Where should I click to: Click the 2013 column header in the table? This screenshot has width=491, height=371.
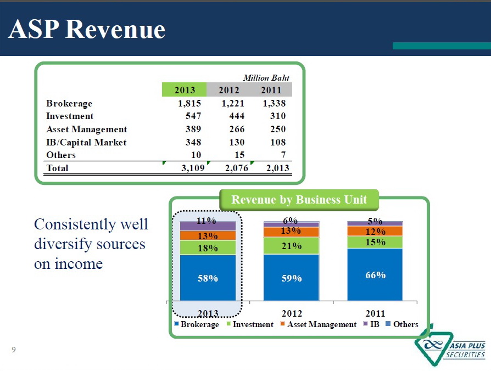(x=185, y=90)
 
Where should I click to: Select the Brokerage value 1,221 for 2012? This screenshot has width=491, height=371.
(x=233, y=103)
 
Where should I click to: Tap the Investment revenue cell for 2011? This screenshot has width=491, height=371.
(x=278, y=116)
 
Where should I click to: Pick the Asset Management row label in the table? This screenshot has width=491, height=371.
(x=87, y=129)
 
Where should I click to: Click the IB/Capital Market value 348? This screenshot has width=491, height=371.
(x=193, y=142)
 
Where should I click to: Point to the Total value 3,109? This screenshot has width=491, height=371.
(x=193, y=168)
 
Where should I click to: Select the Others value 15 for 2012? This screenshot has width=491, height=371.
(x=239, y=155)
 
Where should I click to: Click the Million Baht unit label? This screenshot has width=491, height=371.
(x=266, y=77)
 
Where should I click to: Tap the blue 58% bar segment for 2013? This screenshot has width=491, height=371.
(x=208, y=278)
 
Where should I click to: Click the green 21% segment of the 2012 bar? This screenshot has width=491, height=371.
(x=291, y=246)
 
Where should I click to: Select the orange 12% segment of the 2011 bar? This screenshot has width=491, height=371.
(x=375, y=232)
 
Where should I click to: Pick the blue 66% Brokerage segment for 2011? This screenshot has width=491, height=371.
(x=375, y=274)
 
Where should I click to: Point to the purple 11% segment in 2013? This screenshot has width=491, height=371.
(x=208, y=226)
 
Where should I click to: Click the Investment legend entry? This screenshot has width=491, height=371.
(x=250, y=324)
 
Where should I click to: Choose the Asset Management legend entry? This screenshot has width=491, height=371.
(x=319, y=324)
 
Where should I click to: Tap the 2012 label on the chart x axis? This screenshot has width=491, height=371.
(x=292, y=313)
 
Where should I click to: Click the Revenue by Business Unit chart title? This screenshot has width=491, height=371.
(x=299, y=200)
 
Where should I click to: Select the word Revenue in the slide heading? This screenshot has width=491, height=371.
(x=115, y=30)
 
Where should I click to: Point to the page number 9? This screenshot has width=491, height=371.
(x=14, y=350)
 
